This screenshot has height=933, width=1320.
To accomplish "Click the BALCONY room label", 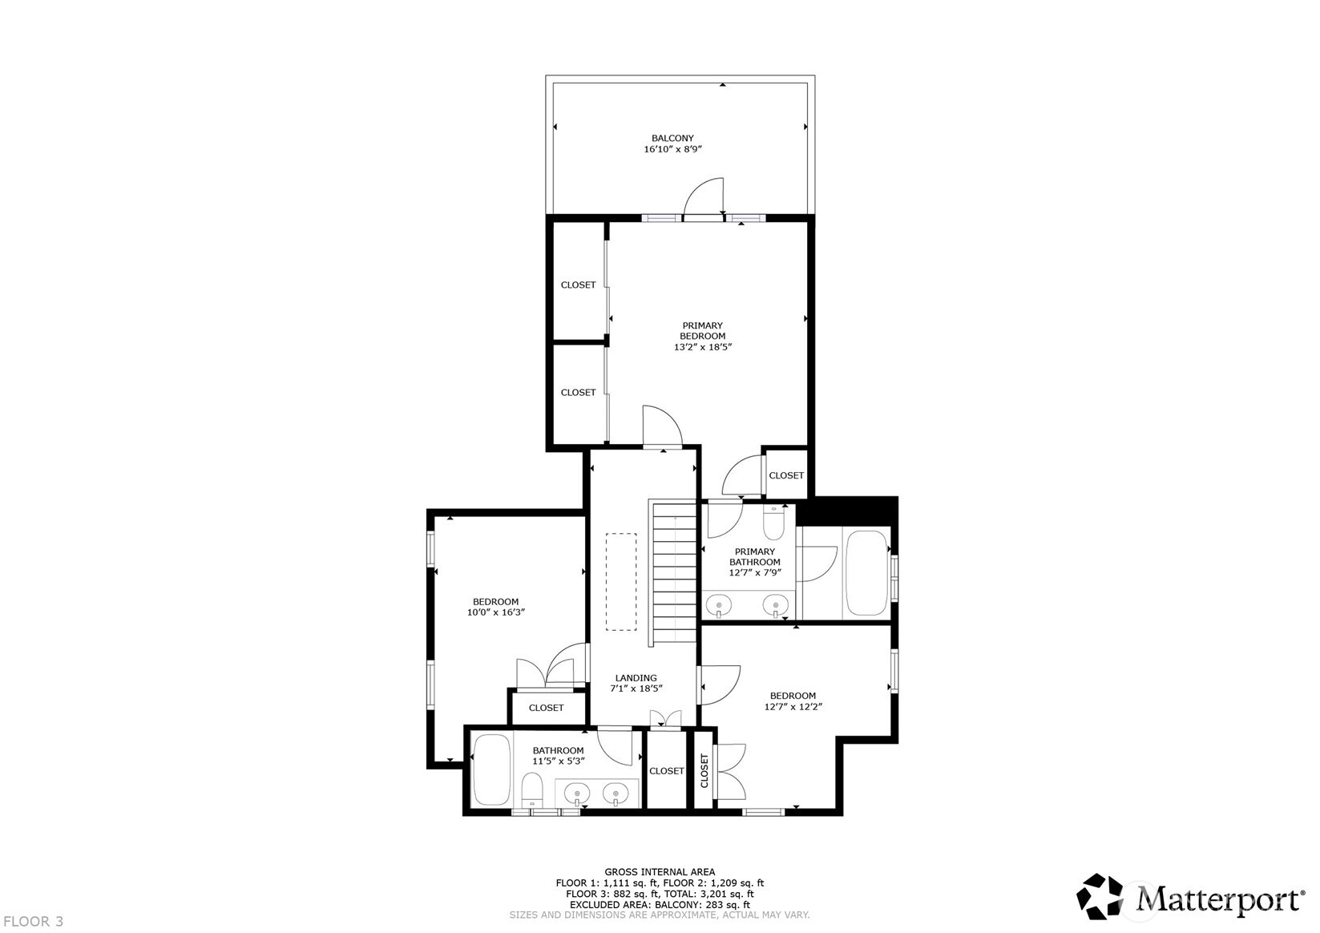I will [672, 138].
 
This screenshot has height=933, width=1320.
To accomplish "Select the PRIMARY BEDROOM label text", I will [702, 330].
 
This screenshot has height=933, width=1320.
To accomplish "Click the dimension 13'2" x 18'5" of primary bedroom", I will [703, 347].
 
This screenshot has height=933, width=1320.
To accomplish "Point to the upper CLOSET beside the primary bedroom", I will [578, 285].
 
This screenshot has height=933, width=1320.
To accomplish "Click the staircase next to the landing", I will [673, 572].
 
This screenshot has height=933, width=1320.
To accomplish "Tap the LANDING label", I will [636, 677].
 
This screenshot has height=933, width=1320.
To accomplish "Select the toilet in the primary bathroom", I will [773, 523].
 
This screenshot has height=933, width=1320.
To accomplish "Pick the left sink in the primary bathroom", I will [720, 605].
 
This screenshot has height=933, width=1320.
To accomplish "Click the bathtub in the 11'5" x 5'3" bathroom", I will [490, 769].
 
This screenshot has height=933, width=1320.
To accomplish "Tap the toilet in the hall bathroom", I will [532, 790].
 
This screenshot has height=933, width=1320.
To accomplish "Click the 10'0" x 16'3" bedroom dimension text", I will [495, 612].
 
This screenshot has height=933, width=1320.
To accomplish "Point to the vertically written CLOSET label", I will [704, 770].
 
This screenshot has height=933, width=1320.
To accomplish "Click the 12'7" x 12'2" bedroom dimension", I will [793, 706].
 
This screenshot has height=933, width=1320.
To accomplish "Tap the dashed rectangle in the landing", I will [621, 581].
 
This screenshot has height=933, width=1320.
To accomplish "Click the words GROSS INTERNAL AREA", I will [659, 872].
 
